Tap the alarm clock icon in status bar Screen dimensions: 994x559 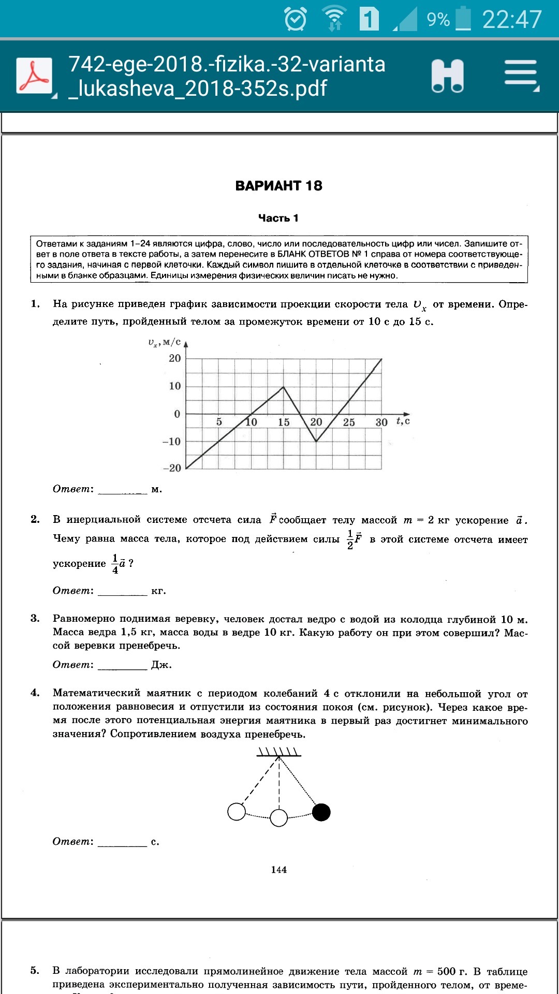pos(296,20)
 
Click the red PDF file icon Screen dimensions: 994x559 pos(34,76)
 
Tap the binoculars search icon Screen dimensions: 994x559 pos(448,76)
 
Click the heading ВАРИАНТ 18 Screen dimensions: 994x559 pos(278,186)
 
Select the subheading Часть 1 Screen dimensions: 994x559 pos(278,218)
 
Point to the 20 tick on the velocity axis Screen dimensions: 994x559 pos(175,358)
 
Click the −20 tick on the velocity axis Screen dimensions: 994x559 pos(172,468)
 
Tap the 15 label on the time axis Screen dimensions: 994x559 pos(284,422)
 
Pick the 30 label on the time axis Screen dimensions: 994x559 pos(381,422)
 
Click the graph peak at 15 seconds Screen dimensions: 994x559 pos(283,387)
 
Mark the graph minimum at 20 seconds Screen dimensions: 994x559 pos(316,441)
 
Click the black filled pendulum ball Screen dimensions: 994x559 pos(321,812)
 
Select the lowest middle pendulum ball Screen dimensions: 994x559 pos(279,818)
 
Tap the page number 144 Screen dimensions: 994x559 pos(278,870)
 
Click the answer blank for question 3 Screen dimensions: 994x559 pos(123,665)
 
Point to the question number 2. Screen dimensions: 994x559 pos(35,519)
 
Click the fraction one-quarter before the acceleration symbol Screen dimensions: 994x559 pos(115,564)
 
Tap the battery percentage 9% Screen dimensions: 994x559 pos(438,20)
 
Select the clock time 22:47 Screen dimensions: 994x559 pos(511,20)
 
